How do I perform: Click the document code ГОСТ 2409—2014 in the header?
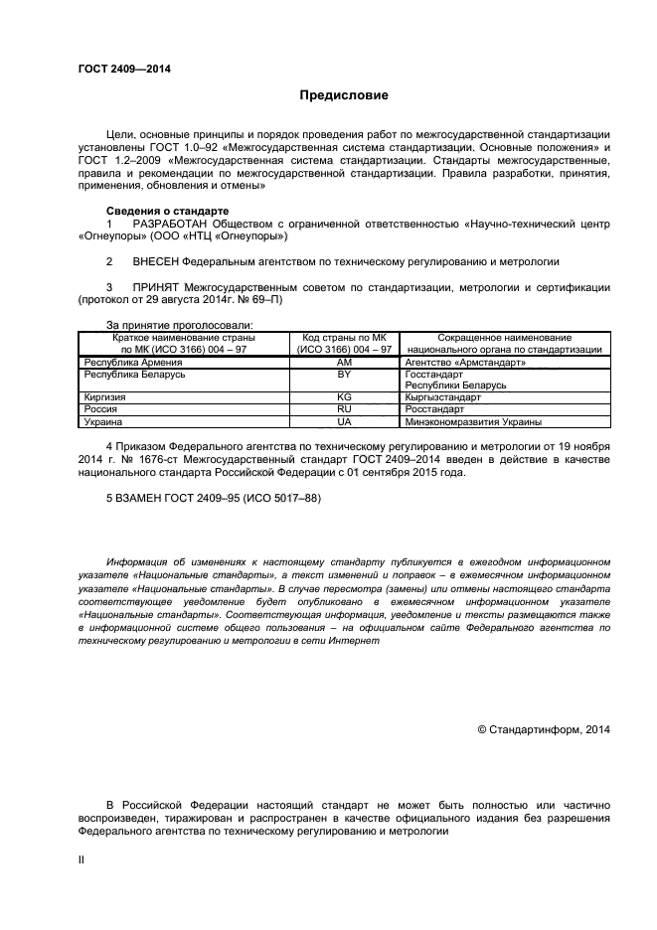(123, 68)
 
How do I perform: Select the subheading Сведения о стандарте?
(167, 211)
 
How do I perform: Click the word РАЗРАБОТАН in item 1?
(174, 225)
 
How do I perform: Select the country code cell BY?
(345, 376)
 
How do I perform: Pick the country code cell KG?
(345, 396)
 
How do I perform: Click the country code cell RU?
(345, 408)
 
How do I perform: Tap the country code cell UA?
(345, 421)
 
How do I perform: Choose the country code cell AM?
(345, 364)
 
